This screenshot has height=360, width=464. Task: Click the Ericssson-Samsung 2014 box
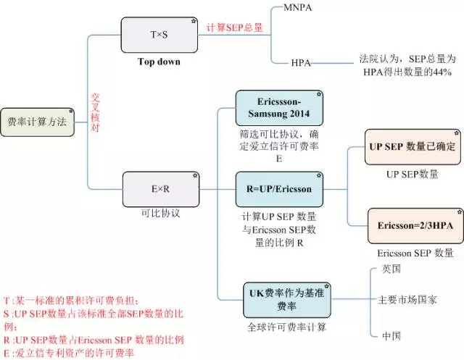coord(279,107)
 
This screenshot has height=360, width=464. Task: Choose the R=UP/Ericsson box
coord(279,190)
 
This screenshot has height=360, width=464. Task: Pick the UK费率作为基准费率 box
coord(285,300)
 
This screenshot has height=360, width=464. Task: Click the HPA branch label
coord(301,63)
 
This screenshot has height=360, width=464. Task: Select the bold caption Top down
coord(159,62)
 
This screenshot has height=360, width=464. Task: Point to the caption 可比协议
coord(160,214)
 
